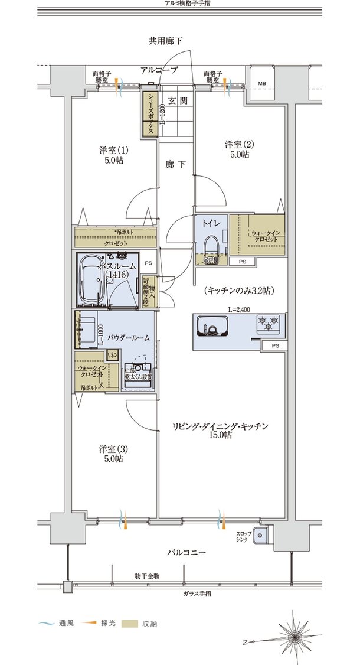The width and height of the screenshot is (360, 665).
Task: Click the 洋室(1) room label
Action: click(x=111, y=155)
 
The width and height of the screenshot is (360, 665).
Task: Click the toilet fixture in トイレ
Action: click(x=211, y=246)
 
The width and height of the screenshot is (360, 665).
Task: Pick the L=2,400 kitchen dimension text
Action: click(x=240, y=309)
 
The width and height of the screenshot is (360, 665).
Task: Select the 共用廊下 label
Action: click(x=165, y=41)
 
